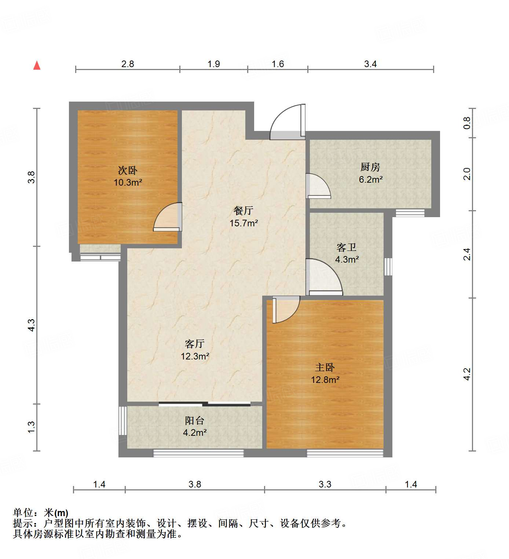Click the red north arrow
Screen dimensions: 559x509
click(37, 65)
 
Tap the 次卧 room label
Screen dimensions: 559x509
click(127, 170)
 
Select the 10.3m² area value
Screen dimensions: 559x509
click(128, 182)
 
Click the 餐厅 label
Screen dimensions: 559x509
click(243, 211)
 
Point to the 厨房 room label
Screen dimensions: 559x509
click(370, 167)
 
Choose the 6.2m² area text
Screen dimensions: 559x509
click(370, 179)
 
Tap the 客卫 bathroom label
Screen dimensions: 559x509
click(346, 248)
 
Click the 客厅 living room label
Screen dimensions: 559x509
click(194, 344)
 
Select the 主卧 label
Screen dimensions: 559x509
click(325, 367)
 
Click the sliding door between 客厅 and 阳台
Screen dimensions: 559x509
click(205, 404)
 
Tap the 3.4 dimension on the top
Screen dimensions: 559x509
click(370, 64)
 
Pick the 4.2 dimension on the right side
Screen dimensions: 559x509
click(467, 374)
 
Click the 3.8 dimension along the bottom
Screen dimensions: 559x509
click(195, 484)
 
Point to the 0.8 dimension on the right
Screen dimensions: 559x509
click(467, 123)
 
